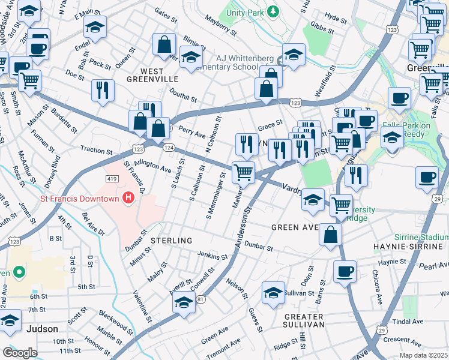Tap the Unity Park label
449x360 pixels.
click(x=247, y=11)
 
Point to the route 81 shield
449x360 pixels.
click(x=200, y=299)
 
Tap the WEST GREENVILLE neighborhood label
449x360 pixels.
click(x=152, y=79)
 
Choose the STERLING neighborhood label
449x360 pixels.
click(x=171, y=241)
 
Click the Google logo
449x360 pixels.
click(x=20, y=353)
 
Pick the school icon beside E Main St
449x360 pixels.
click(x=94, y=28)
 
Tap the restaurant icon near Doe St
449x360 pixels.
click(x=103, y=90)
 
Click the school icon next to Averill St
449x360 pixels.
click(x=184, y=304)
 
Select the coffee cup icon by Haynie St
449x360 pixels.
click(x=345, y=271)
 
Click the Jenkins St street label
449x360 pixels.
click(x=212, y=257)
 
